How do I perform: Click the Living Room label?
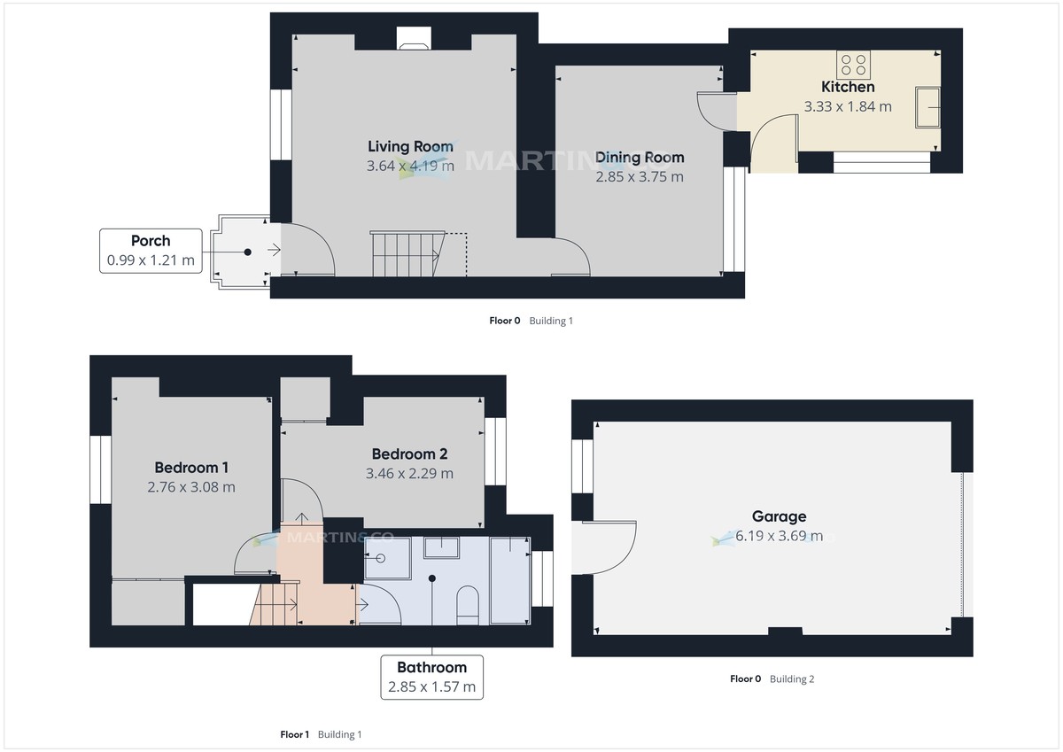point(410,146)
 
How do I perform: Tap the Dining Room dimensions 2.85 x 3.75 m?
point(640,176)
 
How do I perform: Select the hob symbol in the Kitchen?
point(854,64)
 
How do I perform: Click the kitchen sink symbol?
point(929,107)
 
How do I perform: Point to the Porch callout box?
point(151,251)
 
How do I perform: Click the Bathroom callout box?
point(432,677)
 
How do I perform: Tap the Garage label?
point(779,516)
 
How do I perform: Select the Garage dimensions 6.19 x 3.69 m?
point(779,536)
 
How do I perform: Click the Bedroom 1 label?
point(191,467)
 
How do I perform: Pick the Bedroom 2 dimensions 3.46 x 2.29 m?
point(409,474)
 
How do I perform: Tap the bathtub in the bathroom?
point(509,580)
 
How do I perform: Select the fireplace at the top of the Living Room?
point(413,38)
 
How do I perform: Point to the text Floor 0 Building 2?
point(772,679)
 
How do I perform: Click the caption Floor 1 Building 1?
point(321,734)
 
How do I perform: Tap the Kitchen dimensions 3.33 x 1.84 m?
point(848,106)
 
